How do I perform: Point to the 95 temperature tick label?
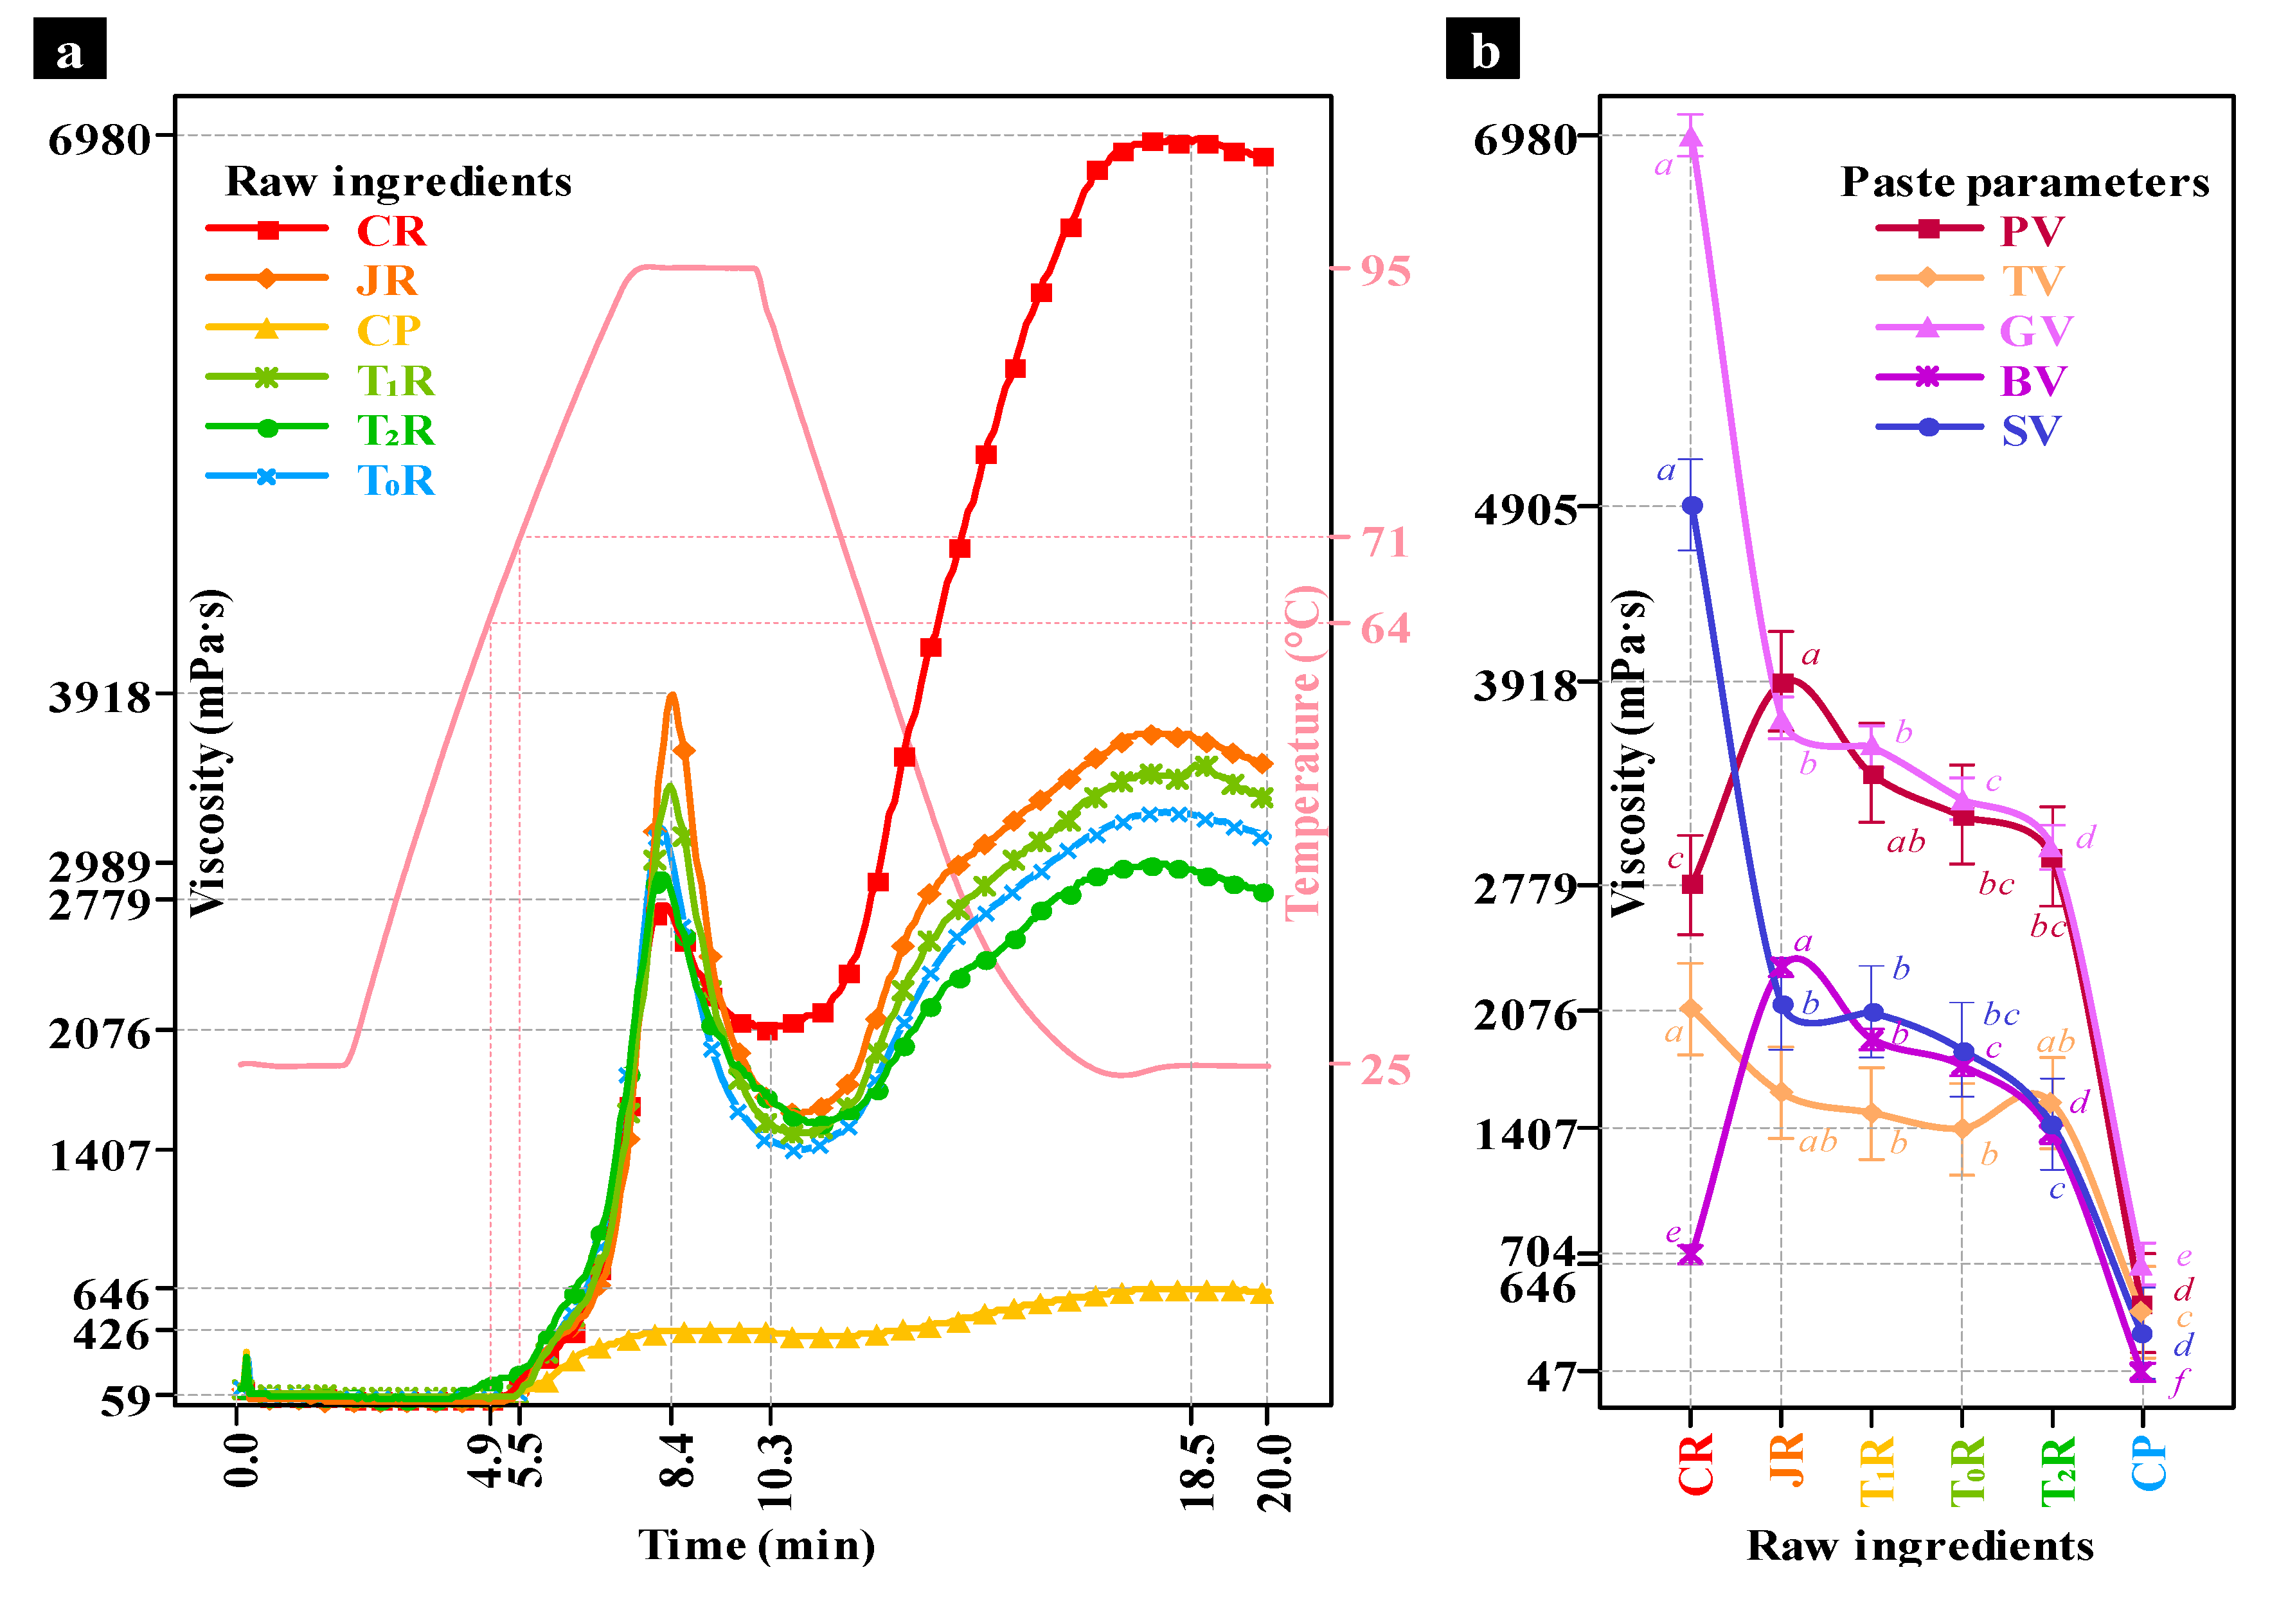point(1384,271)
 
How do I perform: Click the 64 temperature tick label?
point(1384,629)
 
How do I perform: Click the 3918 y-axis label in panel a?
point(99,698)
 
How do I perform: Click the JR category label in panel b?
point(1785,1459)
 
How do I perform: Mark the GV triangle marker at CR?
point(1692,137)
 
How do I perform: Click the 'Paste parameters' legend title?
point(2025,182)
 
